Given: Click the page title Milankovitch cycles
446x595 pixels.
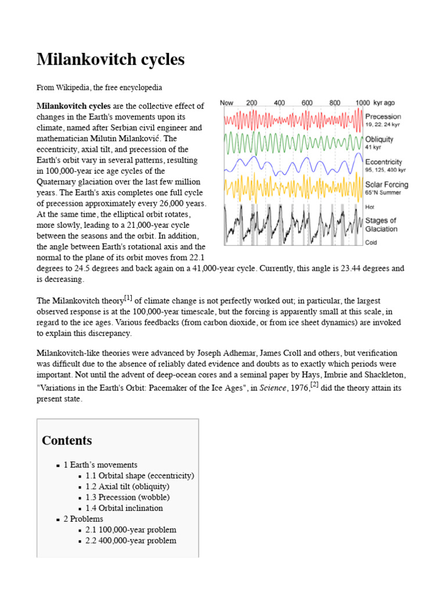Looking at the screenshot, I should (x=110, y=59).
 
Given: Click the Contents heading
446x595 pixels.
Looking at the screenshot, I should (x=67, y=440).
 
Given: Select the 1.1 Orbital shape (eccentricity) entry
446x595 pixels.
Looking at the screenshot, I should (x=139, y=475).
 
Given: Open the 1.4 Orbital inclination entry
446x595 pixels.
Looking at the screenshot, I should (x=124, y=508).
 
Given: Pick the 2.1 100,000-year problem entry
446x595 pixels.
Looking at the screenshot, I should (x=131, y=530).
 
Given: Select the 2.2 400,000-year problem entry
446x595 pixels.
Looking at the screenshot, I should (x=131, y=540).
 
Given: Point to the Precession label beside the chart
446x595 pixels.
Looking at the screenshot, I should (x=383, y=116).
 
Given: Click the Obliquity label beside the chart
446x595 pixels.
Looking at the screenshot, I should (x=379, y=139).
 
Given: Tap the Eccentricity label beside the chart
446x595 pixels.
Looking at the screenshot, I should (x=383, y=162).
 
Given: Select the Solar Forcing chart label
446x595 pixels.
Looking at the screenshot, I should (x=386, y=185).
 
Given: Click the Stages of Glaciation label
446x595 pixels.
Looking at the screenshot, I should (x=380, y=224).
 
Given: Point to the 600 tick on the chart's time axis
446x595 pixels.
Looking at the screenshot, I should (x=307, y=103).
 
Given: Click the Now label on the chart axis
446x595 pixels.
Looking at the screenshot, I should (x=226, y=103).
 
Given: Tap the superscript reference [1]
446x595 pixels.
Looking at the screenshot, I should (x=128, y=299).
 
